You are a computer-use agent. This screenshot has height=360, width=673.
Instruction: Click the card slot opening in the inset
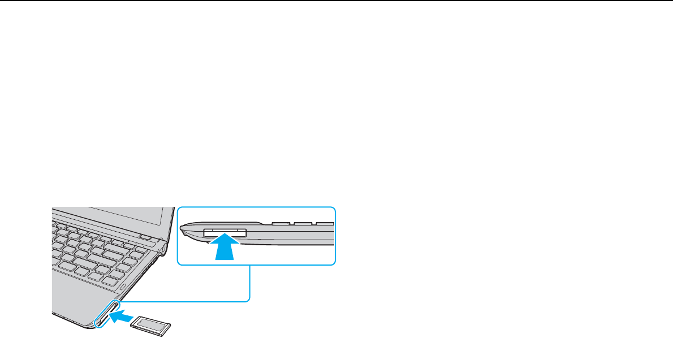[x=224, y=232]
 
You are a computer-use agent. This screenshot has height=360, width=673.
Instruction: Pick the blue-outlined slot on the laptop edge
[x=107, y=314]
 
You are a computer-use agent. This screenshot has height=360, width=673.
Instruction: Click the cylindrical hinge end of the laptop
[x=163, y=247]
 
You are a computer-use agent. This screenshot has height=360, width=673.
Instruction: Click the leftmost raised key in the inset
[x=279, y=223]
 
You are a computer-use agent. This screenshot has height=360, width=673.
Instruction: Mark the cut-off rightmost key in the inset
[x=325, y=223]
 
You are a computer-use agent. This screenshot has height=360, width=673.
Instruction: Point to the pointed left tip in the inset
[x=182, y=229]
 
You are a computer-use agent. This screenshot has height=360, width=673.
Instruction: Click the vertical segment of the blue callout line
[x=249, y=283]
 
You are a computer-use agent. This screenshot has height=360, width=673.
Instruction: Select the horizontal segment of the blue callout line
[x=187, y=301]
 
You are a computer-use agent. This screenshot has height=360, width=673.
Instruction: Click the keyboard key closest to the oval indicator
[x=118, y=275]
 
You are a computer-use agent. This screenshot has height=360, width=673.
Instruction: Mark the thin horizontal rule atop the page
[x=336, y=1]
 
